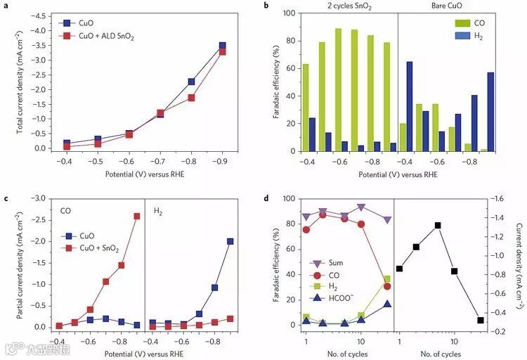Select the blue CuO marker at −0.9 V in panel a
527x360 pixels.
[223, 46]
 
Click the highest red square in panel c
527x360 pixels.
[137, 216]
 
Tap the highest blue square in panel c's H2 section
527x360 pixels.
[230, 241]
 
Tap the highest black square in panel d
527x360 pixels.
[437, 226]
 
